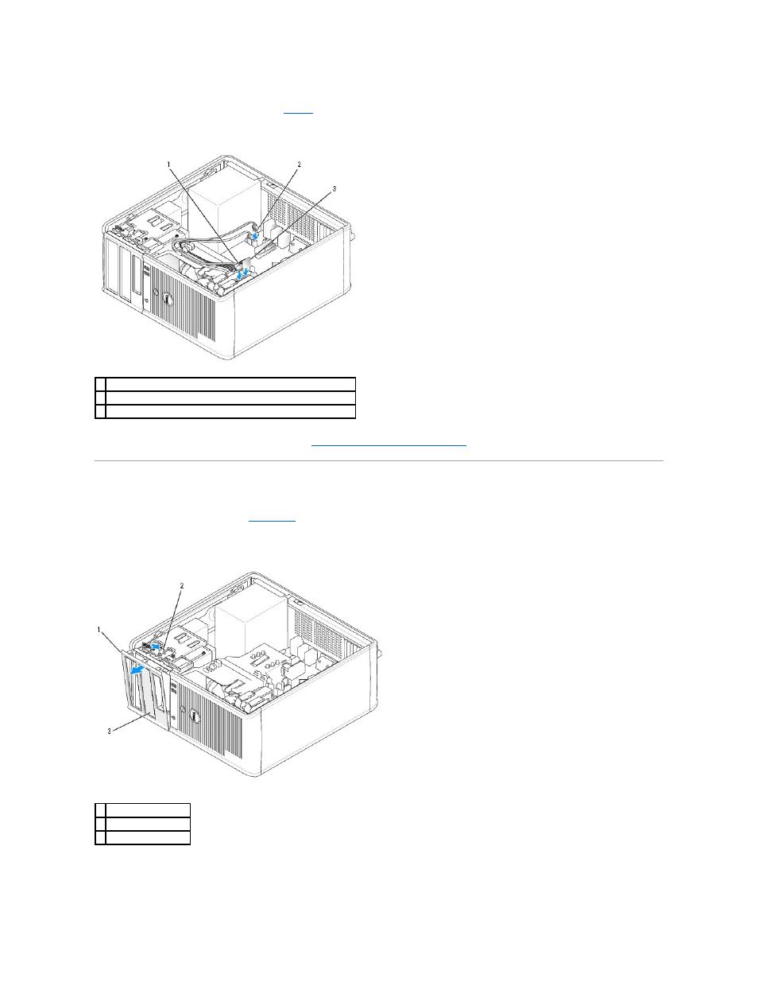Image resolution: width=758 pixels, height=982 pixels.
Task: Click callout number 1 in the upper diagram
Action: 169,165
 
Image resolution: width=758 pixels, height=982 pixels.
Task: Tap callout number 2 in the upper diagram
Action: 299,165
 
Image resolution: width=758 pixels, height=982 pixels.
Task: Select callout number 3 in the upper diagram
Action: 334,189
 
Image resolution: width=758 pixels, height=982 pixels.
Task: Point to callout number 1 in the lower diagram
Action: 99,630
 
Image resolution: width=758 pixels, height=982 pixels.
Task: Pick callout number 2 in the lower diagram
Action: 182,586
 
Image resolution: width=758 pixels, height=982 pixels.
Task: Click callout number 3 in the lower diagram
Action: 109,731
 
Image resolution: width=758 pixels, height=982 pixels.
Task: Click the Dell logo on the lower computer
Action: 194,716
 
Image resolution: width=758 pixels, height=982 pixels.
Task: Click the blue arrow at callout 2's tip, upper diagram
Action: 256,235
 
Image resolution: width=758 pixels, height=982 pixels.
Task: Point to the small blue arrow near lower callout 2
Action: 156,647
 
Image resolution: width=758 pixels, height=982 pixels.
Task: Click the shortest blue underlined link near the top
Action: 298,111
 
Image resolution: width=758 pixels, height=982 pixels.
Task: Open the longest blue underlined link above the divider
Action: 389,444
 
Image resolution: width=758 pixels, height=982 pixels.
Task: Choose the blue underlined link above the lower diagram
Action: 272,520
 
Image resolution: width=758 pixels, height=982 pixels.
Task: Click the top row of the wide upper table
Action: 226,384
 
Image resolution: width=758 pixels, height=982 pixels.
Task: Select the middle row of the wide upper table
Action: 226,398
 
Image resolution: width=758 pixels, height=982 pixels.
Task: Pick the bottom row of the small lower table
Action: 143,837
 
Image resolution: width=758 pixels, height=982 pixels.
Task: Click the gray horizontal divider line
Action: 379,461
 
